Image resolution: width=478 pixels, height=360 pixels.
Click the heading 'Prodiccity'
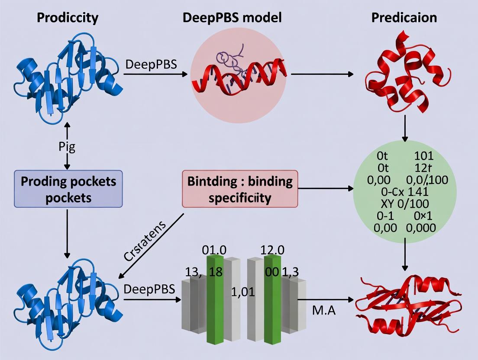[x=67, y=18]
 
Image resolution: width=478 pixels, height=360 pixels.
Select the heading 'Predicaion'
[x=404, y=18]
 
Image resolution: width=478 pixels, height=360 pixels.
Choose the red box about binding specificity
[x=239, y=189]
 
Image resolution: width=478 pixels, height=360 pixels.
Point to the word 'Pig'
[x=67, y=147]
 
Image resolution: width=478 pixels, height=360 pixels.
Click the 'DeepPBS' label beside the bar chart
[x=149, y=289]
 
